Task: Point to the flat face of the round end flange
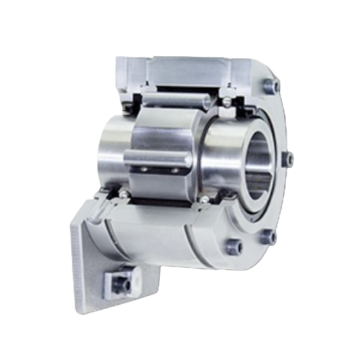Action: click(x=277, y=194)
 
